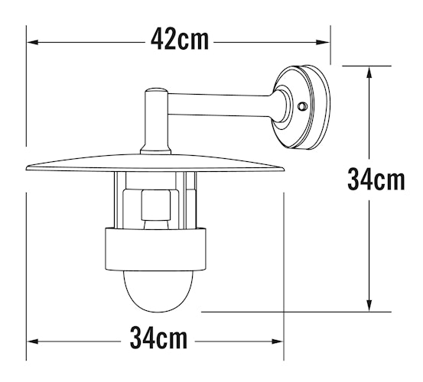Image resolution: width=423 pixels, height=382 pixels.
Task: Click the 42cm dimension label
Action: tap(180, 40)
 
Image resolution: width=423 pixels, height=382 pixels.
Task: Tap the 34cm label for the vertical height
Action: tap(376, 180)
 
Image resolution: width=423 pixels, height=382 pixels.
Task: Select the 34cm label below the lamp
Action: tap(158, 338)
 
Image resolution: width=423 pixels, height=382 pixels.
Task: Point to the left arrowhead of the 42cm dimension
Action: tap(32, 42)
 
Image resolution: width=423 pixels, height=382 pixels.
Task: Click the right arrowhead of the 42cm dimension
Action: tap(324, 42)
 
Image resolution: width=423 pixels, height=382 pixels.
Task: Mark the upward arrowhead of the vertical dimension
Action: tap(369, 72)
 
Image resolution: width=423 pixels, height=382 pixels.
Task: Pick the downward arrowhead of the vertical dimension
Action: tap(369, 306)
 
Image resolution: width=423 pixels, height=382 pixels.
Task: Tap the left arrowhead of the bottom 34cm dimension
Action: tap(32, 342)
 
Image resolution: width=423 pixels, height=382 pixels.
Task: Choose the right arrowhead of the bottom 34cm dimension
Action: tap(277, 342)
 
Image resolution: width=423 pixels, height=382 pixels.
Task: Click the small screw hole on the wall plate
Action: tap(302, 106)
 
